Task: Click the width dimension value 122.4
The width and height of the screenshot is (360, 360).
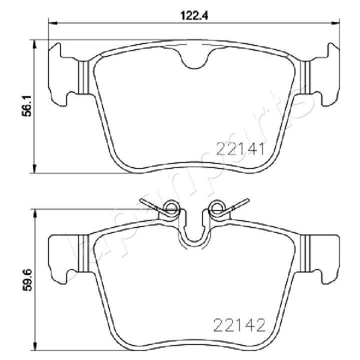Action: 193,14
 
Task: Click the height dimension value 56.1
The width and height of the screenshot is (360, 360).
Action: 29,106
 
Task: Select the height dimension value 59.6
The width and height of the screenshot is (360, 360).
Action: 29,276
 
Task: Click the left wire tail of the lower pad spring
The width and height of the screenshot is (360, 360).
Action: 149,204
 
